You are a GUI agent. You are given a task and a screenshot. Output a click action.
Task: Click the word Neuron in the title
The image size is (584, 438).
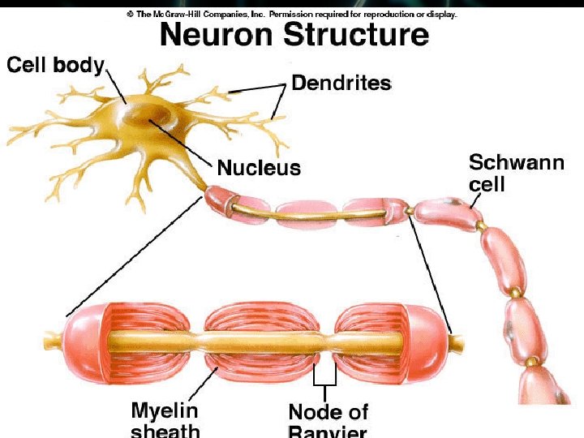(212, 36)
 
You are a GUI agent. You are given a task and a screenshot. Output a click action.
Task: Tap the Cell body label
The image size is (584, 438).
(55, 65)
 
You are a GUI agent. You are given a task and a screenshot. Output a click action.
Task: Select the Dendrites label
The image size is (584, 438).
(341, 83)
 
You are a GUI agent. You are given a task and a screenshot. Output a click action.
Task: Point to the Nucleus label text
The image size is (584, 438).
(259, 168)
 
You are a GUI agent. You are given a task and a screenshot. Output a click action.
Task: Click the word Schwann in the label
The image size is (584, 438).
(516, 163)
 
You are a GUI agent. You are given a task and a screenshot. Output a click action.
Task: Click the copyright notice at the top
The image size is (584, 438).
(292, 15)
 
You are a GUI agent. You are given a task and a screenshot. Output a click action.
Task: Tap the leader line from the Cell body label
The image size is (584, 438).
(114, 88)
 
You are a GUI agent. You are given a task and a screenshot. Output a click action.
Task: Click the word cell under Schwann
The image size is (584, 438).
(487, 184)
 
